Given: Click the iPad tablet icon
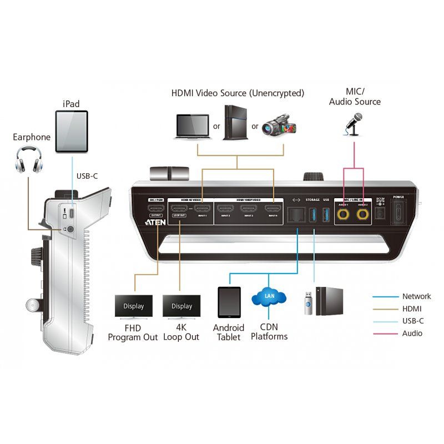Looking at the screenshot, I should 72,131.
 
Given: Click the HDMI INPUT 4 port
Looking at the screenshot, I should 272,210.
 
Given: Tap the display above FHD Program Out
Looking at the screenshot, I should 133,306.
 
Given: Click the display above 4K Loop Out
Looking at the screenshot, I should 181,306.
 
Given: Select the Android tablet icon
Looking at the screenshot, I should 229,302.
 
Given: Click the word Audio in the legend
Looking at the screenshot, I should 412,334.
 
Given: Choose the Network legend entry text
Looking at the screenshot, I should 416,296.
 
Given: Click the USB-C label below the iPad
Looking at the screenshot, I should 87,176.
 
